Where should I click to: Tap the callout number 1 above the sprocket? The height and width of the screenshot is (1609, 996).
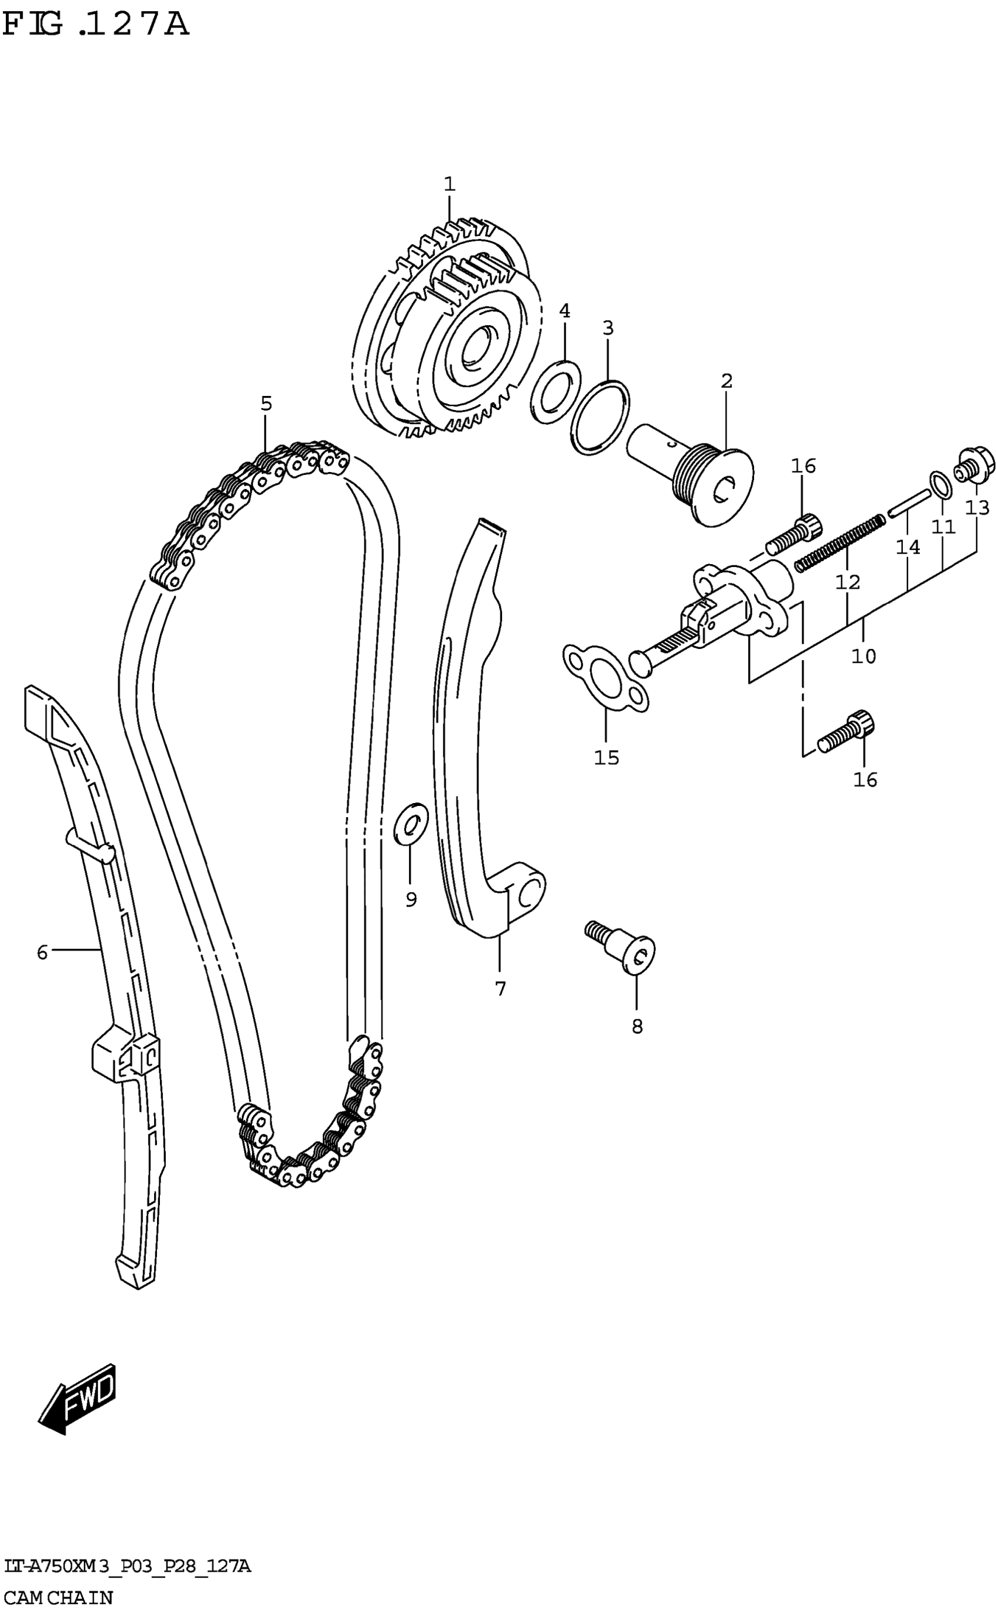(x=449, y=185)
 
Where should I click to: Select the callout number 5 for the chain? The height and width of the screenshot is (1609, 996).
(x=266, y=404)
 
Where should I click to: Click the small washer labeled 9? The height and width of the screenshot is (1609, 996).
(x=410, y=824)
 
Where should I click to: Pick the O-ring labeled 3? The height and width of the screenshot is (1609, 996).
(x=600, y=418)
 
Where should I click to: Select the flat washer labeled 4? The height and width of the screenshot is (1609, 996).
(x=556, y=392)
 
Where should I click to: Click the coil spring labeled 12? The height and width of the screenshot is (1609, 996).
(x=840, y=543)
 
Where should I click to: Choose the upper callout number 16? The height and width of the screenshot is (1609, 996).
(x=804, y=466)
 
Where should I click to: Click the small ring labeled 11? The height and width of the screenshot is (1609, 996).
(x=940, y=485)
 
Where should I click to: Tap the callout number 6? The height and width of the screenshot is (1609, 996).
(x=43, y=952)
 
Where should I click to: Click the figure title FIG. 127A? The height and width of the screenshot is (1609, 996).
(x=96, y=25)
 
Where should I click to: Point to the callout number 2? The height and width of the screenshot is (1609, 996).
(x=726, y=381)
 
